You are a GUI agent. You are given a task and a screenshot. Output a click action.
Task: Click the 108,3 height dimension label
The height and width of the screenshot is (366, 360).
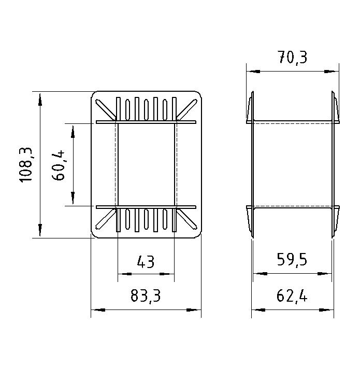tap(26, 165)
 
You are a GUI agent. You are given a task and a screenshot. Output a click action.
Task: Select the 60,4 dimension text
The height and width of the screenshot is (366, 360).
tap(58, 165)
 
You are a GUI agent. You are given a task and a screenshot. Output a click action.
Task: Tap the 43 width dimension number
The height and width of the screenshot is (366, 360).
tap(146, 262)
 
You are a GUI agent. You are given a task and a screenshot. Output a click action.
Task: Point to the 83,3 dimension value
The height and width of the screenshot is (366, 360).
tap(146, 295)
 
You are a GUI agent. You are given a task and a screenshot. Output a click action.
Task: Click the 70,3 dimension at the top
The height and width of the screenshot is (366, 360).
tap(293, 58)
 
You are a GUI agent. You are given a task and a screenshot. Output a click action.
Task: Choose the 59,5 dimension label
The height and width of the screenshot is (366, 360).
tap(292, 260)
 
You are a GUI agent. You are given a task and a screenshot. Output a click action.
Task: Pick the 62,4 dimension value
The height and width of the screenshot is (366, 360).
tap(292, 296)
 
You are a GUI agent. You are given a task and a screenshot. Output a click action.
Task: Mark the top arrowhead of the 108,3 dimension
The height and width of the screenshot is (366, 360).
tap(40, 100)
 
